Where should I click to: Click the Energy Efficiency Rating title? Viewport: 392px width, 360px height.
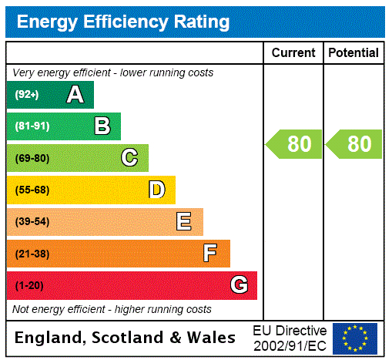pos(123,22)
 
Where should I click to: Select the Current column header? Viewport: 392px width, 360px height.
pos(293,53)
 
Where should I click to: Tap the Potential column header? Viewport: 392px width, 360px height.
pos(353,53)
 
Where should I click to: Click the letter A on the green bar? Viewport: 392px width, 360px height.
pos(75,95)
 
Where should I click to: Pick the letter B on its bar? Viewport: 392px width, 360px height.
pos(102,126)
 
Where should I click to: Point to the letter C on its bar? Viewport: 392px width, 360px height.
pos(129,158)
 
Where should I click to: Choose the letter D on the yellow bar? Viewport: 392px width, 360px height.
pos(157,190)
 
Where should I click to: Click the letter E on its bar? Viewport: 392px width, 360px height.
pos(184,222)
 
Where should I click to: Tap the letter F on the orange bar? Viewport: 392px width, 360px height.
pos(210,253)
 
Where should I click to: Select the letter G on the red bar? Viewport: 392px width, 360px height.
pos(239,285)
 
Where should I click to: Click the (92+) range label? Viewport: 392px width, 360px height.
pos(27,95)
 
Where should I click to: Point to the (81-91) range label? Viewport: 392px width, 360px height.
pos(32,126)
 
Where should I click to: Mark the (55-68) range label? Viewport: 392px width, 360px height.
pos(32,190)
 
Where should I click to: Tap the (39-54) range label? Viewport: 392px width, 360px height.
pos(32,222)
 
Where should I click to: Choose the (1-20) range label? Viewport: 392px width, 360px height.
pos(29,286)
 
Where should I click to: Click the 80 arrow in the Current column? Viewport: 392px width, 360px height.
pos(294,144)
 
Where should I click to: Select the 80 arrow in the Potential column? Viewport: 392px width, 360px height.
pos(354,144)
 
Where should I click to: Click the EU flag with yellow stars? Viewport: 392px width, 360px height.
pos(355,338)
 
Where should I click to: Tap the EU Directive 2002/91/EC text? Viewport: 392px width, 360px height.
pos(290,338)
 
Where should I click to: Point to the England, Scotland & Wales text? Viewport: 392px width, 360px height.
pos(126,338)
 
